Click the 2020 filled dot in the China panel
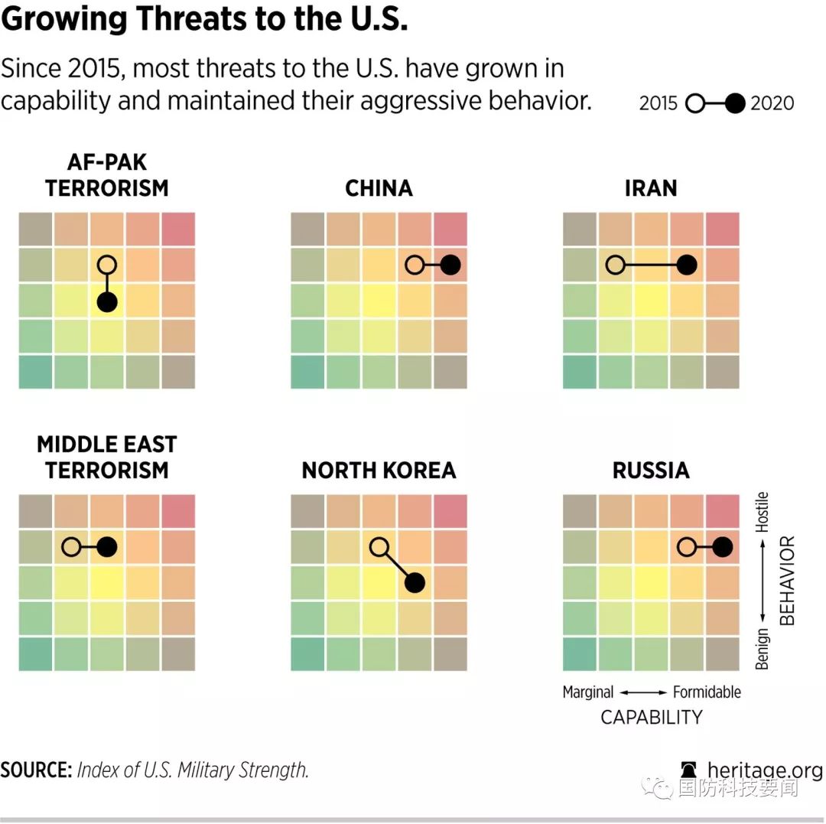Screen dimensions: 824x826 450,265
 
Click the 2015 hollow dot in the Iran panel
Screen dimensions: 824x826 615,265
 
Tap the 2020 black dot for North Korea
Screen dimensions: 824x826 415,583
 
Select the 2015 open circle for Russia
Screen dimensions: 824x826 687,547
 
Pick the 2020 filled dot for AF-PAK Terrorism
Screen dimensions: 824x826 108,302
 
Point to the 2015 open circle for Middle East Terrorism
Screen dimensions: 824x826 71,547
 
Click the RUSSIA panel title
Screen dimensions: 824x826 651,471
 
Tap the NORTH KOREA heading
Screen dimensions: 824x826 379,471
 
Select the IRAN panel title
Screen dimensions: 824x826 651,188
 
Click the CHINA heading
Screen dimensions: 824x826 379,188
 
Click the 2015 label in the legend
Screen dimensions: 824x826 659,103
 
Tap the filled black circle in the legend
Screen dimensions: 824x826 734,103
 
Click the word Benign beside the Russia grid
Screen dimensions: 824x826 763,650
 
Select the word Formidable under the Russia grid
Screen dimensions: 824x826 707,692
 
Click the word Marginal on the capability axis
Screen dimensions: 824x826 588,692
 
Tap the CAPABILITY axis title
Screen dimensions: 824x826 651,718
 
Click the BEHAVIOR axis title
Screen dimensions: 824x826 788,581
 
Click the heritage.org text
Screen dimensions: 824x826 765,770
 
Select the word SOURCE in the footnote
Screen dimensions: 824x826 34,770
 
